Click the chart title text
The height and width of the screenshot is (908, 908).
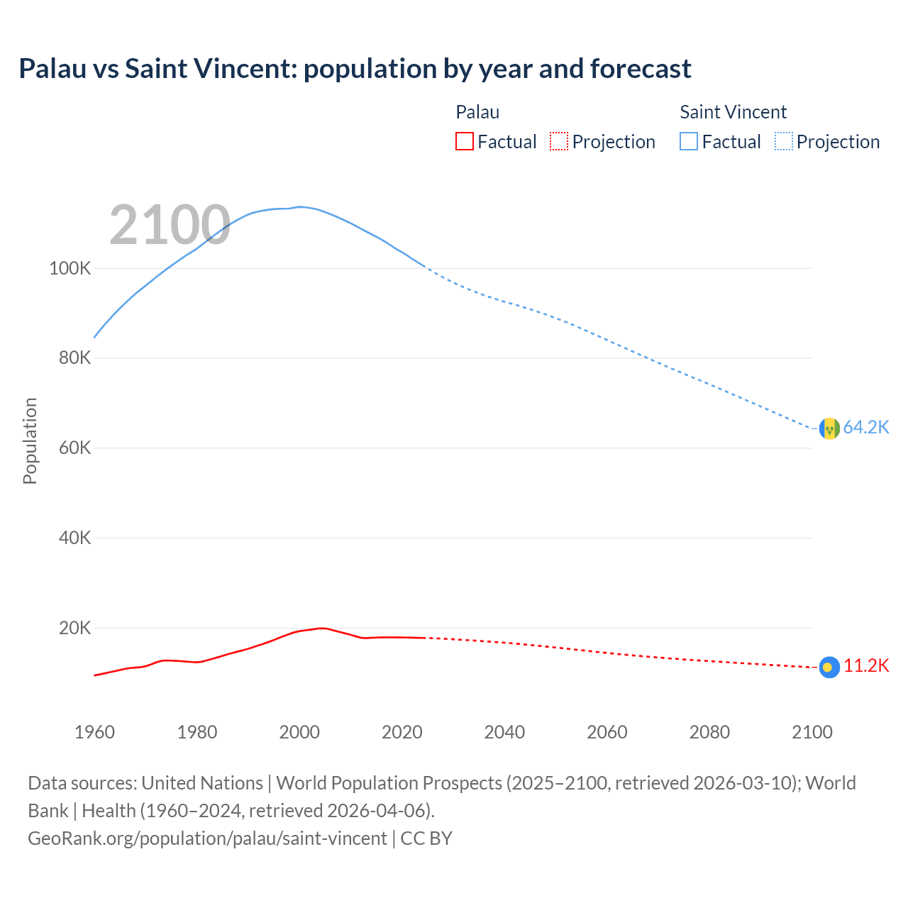[355, 69]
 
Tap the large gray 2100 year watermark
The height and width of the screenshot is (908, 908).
[170, 225]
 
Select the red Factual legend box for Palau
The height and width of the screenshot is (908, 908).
[464, 142]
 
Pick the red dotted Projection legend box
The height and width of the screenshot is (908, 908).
[559, 142]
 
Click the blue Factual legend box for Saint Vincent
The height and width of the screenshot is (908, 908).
[689, 142]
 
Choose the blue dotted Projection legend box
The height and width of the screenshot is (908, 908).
[784, 142]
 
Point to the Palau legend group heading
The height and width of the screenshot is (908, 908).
[477, 112]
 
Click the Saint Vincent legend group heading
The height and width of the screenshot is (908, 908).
[733, 112]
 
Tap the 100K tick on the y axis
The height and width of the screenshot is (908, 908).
[70, 269]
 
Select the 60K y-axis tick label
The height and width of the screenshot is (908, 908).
[74, 448]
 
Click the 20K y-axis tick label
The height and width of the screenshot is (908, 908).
[74, 628]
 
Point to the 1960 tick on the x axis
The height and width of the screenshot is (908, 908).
[94, 732]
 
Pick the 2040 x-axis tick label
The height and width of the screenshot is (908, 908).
[504, 732]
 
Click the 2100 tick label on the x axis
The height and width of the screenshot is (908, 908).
[812, 732]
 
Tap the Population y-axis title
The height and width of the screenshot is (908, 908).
[30, 441]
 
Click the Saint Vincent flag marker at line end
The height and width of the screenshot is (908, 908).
[829, 428]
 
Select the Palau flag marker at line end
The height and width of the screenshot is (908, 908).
[829, 667]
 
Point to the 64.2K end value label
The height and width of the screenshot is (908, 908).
[866, 427]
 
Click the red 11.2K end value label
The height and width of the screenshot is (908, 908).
[866, 665]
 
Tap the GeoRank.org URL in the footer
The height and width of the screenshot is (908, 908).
[207, 838]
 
